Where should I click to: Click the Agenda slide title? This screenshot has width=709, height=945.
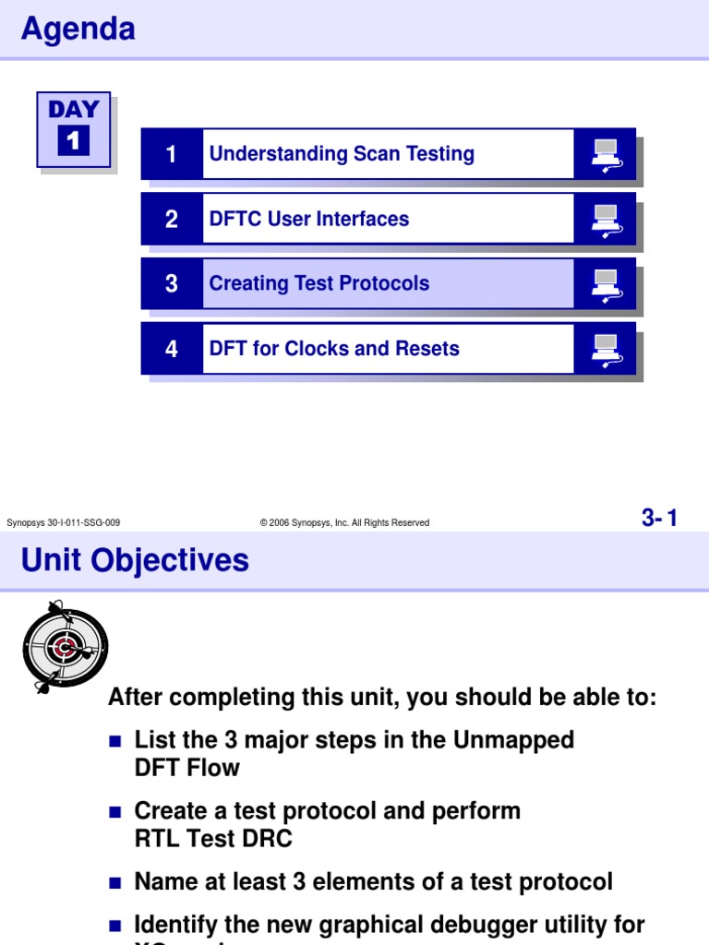coord(78,30)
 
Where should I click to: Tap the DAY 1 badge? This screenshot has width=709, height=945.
coord(74,129)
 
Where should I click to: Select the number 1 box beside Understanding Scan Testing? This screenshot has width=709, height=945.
coord(172,154)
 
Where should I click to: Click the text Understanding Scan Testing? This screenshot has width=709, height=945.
coord(342,154)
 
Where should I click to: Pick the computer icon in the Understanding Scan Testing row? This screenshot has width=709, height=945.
coord(606,154)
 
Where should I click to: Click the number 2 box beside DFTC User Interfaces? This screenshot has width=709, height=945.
coord(172,219)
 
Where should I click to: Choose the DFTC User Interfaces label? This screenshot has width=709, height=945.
coord(308,219)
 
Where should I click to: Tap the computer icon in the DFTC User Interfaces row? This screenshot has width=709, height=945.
coord(606,219)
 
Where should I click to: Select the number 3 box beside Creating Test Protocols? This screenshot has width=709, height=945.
coord(172,283)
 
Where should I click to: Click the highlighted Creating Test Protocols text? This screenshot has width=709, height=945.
coord(318,283)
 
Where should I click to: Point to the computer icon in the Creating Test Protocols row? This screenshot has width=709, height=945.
coord(606,283)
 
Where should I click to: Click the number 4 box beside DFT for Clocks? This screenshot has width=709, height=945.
coord(172,348)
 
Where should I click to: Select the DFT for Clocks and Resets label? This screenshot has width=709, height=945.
coord(333,348)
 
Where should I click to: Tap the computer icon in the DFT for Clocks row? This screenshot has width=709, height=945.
coord(606,348)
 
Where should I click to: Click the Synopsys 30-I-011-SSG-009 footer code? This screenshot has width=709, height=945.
coord(63,522)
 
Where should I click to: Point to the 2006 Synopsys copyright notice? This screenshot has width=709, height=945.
coord(344,522)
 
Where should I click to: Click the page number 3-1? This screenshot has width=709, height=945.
coord(659,519)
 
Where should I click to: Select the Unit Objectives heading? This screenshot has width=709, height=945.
coord(135,560)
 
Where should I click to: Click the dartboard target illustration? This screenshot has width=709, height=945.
coord(65,647)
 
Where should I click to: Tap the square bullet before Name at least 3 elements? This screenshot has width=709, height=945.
coord(115,883)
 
